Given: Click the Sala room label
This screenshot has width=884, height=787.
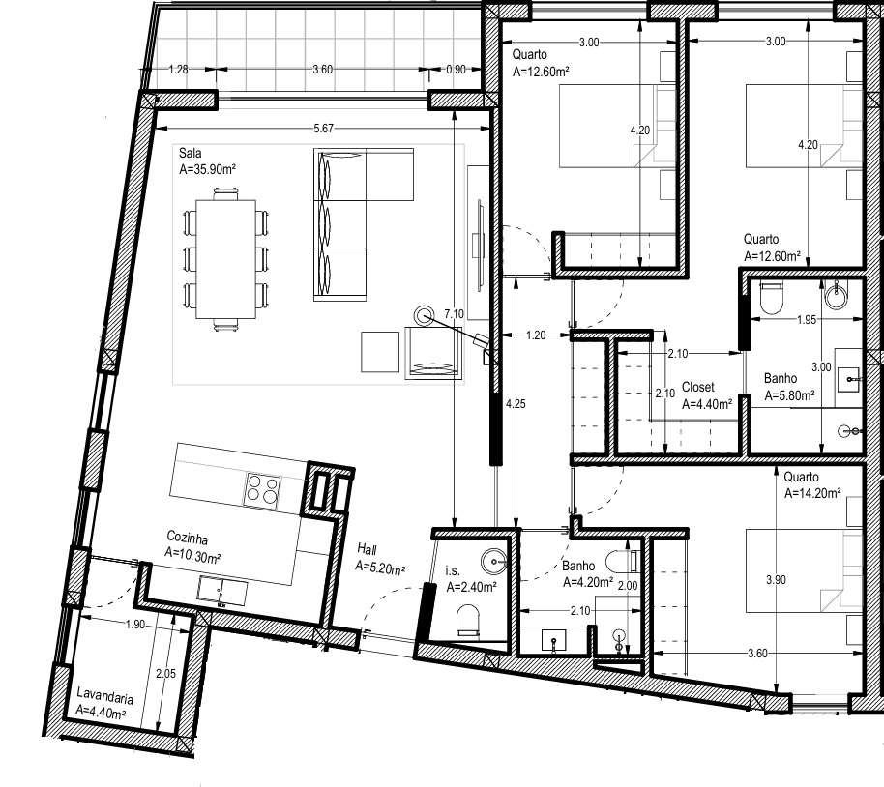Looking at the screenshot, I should tap(190, 152).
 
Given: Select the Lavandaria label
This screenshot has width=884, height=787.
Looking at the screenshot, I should tap(105, 696).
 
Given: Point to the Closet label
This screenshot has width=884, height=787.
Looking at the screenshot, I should tap(697, 387).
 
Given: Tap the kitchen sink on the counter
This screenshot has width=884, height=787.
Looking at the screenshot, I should tap(221, 590).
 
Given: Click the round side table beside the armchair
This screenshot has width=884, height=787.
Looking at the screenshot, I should tap(424, 314).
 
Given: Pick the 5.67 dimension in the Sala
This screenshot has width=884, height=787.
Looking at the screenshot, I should tap(325, 129).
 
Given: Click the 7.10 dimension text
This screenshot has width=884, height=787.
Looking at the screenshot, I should tap(453, 313).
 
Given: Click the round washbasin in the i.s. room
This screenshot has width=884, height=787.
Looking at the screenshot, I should tap(494, 558).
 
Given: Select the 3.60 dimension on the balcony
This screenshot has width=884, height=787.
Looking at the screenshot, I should tap(323, 69).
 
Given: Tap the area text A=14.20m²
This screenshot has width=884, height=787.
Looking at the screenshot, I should tap(812, 492).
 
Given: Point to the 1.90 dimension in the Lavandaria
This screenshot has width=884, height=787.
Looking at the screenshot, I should tap(134, 625).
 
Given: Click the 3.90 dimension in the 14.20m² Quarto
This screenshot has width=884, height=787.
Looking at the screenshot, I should tap(775, 580).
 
